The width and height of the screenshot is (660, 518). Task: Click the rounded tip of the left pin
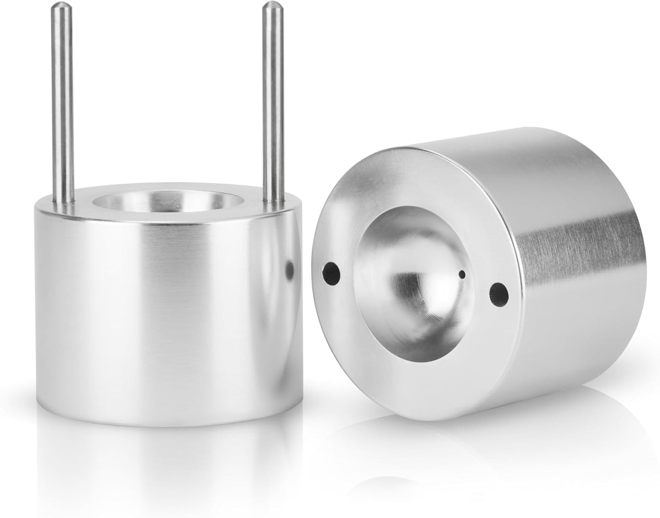[x=60, y=7]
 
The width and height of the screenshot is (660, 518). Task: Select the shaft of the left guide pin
[x=64, y=100]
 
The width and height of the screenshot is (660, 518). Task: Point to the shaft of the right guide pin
[x=271, y=100]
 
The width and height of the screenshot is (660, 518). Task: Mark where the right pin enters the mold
[x=273, y=199]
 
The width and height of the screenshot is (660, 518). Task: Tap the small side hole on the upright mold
[x=289, y=270]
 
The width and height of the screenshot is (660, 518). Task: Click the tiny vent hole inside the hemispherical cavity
[x=462, y=275]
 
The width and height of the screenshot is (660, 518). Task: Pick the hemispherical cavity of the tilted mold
[x=411, y=292]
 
